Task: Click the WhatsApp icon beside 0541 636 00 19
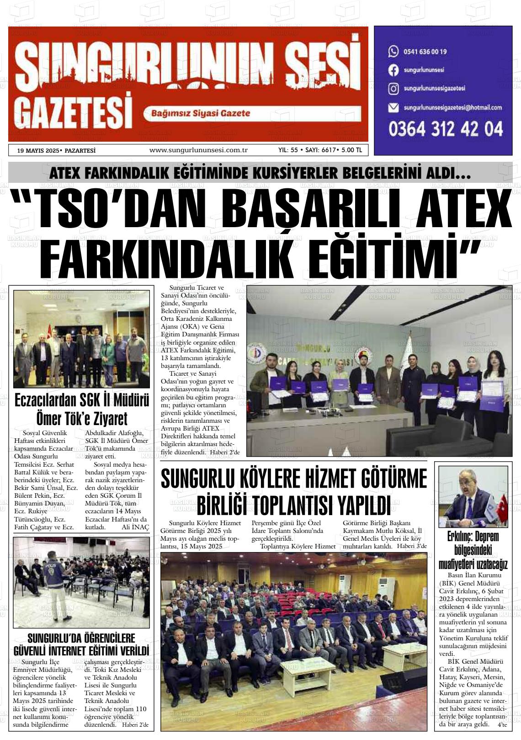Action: pyautogui.click(x=393, y=51)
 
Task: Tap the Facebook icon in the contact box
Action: pyautogui.click(x=393, y=70)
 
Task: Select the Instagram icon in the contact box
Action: pyautogui.click(x=393, y=89)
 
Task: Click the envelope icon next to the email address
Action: pyautogui.click(x=393, y=108)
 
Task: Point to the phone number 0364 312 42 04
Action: pyautogui.click(x=446, y=129)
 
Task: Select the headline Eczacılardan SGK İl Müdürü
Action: pyautogui.click(x=82, y=401)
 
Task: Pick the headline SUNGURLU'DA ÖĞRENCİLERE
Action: pyautogui.click(x=81, y=638)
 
